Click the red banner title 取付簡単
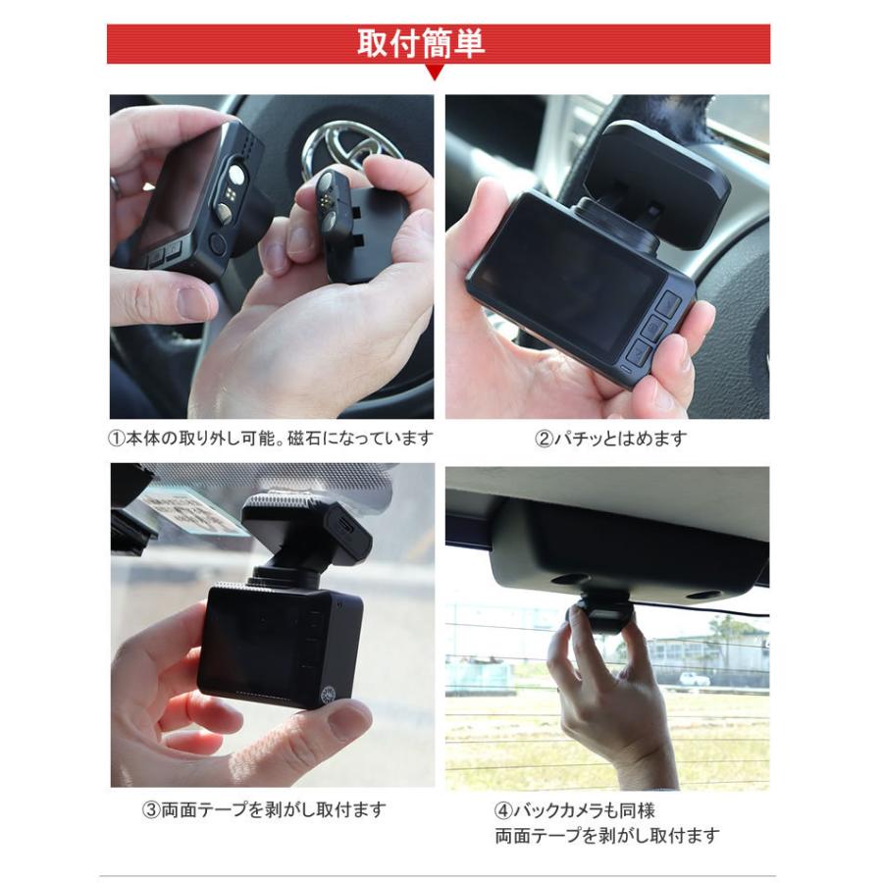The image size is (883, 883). point(421,45)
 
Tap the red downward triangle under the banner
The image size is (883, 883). point(434,73)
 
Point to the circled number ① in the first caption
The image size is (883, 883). point(115,438)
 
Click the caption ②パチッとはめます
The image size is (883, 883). point(610,438)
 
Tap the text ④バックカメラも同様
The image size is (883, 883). point(574,811)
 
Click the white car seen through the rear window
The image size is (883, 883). point(694,678)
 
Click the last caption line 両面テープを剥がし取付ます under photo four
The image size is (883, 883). point(606,837)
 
